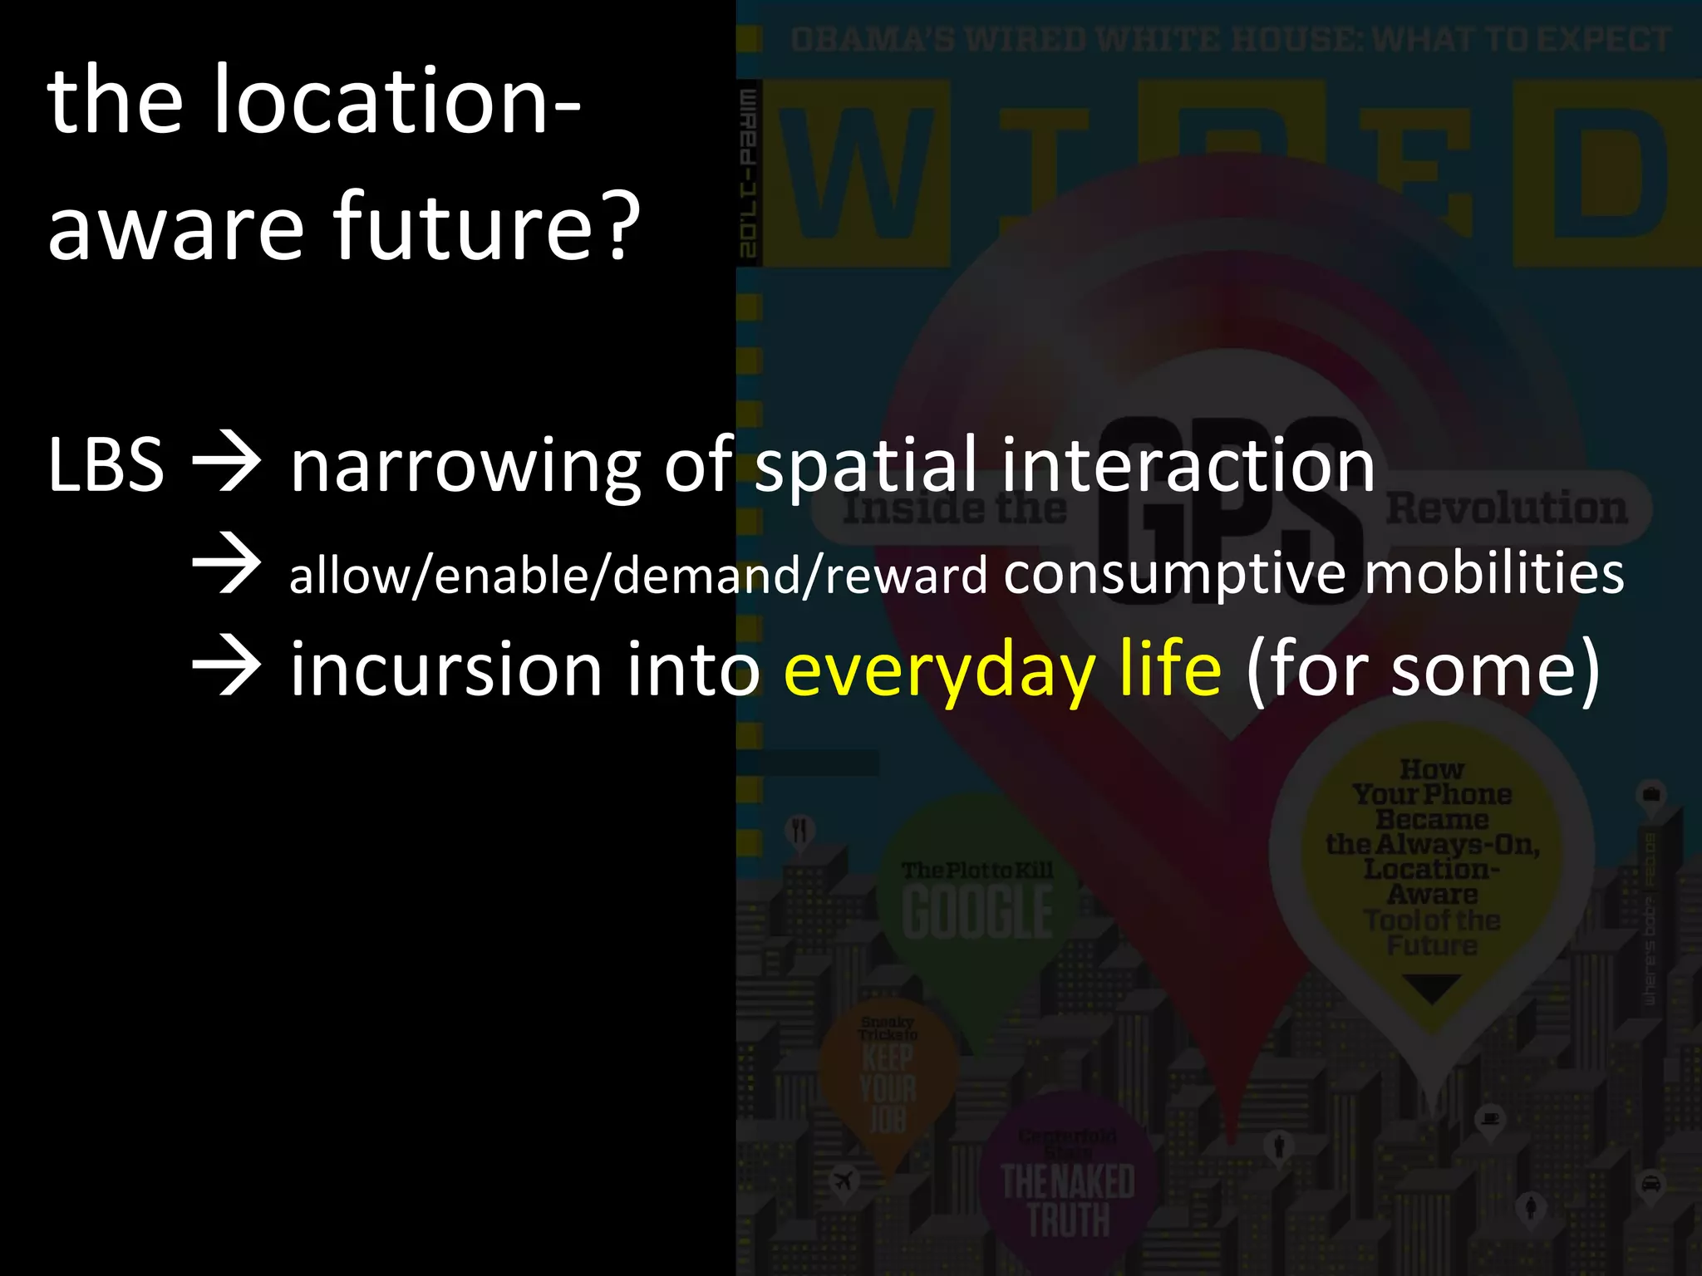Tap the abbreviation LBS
(106, 465)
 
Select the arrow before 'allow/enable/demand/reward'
(226, 565)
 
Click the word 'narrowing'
(465, 467)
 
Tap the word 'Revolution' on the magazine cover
(1506, 508)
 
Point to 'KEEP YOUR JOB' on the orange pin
(888, 1089)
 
